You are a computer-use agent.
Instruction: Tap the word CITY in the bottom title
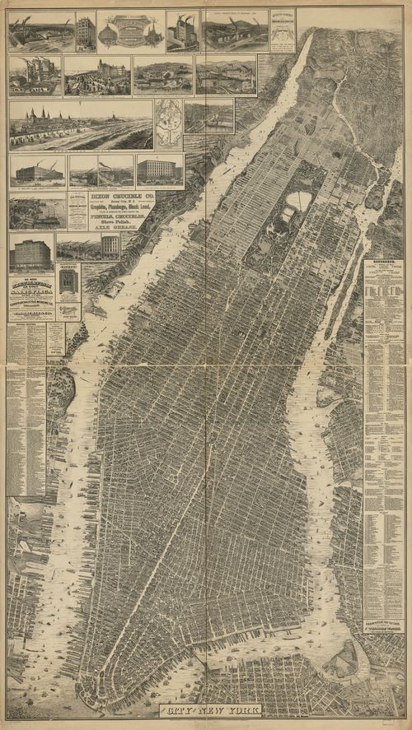click(x=177, y=709)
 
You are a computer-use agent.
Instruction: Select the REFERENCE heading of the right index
click(x=383, y=265)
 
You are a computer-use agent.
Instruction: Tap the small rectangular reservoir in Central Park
click(x=288, y=216)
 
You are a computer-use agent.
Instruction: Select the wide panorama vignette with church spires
click(x=81, y=125)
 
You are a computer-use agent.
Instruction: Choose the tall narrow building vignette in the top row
click(x=85, y=30)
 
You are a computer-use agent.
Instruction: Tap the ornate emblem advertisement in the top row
click(x=130, y=30)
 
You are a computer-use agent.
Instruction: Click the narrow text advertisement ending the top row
click(x=282, y=30)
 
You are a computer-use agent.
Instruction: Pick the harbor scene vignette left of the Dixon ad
click(x=37, y=212)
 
